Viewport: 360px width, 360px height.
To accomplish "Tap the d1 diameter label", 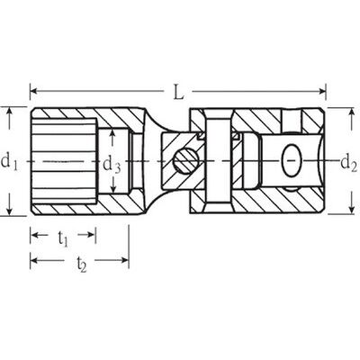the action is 9,162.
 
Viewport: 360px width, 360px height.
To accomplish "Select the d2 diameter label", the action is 348,163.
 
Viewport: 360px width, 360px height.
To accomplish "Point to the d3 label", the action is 112,166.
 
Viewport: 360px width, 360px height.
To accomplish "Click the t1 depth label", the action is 63,239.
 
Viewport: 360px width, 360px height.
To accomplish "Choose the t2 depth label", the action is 81,264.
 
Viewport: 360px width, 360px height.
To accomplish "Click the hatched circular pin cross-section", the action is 186,161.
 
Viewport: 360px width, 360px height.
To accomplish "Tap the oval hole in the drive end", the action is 292,161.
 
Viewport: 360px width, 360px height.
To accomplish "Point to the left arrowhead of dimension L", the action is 33,90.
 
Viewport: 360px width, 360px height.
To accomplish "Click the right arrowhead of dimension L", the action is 322,90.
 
